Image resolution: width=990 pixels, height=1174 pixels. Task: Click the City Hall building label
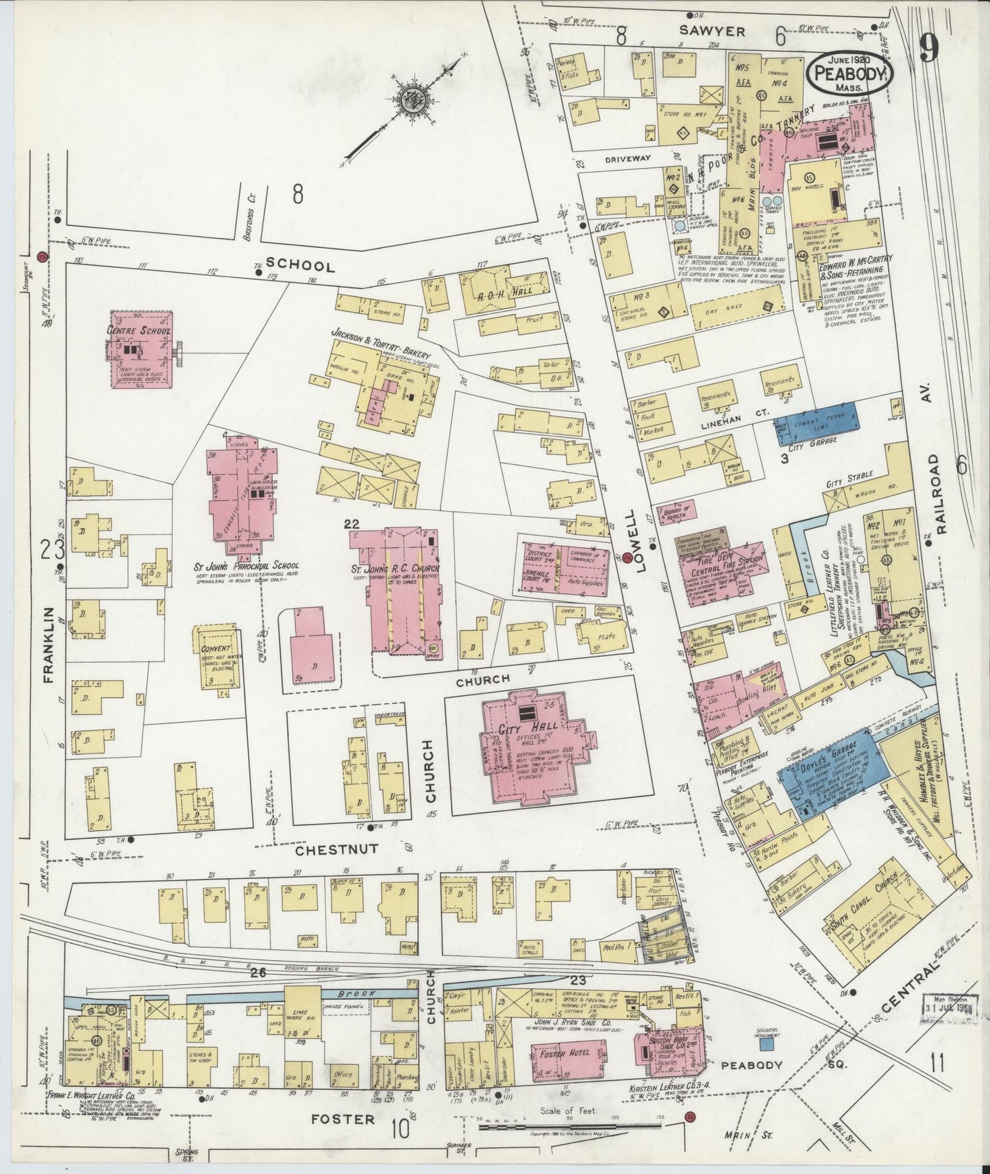click(524, 729)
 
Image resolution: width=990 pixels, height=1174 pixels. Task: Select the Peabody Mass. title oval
click(852, 75)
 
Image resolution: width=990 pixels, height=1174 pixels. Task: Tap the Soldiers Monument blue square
click(768, 1047)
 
